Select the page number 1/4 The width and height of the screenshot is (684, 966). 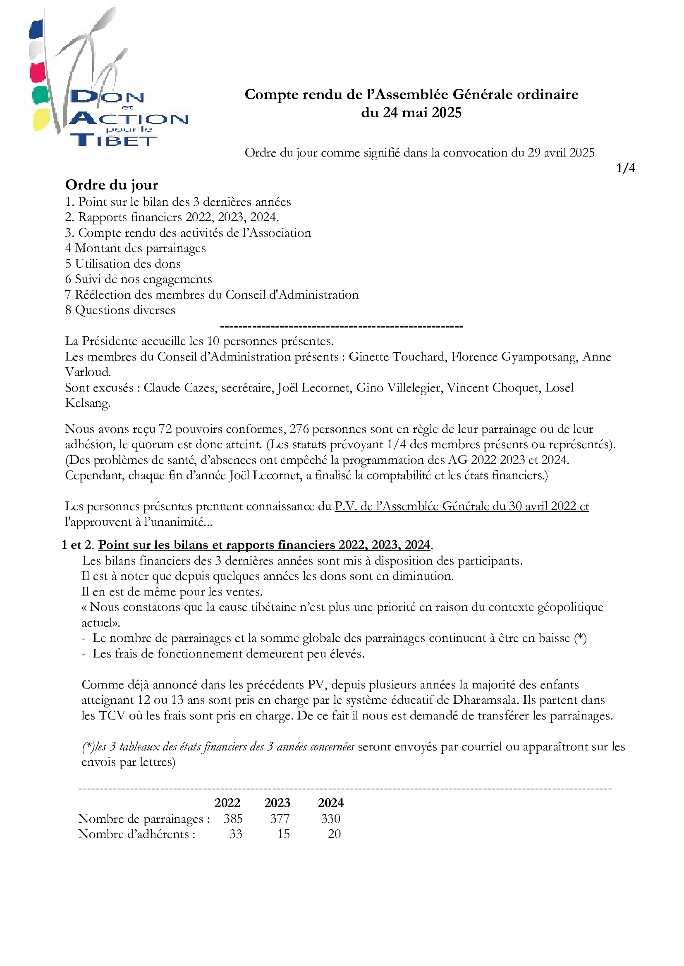625,168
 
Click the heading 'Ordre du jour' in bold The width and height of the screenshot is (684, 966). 112,185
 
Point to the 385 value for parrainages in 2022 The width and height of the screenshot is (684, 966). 233,818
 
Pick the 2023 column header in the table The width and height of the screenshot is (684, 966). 277,803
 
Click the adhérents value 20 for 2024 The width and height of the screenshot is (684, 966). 334,834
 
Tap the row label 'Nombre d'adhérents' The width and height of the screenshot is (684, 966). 136,834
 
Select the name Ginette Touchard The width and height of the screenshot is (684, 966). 397,357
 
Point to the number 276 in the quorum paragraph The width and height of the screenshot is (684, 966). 299,429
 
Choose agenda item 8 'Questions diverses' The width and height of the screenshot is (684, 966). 120,310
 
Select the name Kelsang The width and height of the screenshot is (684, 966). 88,403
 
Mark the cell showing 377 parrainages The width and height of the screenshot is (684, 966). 280,818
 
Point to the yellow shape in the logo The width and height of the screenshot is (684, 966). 41,119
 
